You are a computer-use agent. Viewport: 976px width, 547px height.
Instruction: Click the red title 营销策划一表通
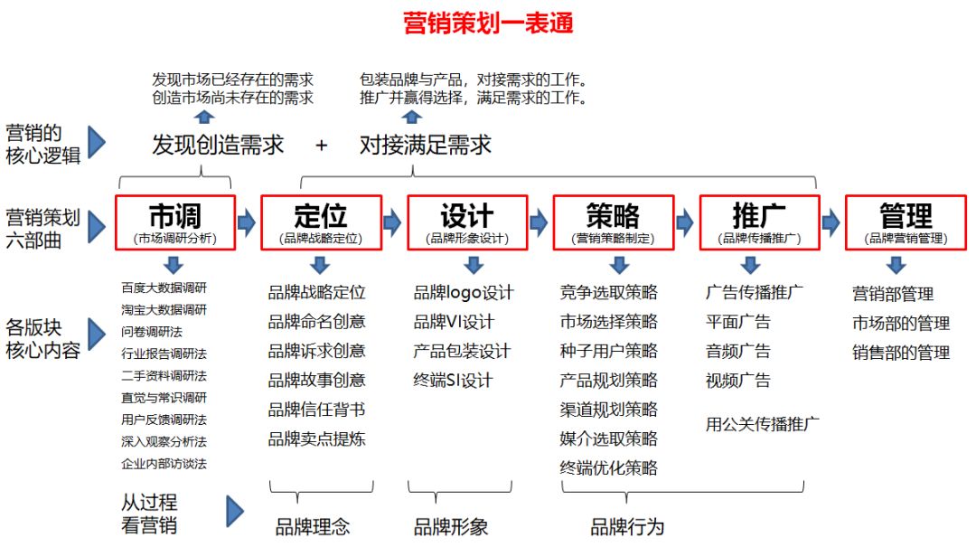(x=488, y=23)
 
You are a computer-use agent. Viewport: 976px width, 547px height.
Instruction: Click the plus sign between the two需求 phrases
(x=321, y=146)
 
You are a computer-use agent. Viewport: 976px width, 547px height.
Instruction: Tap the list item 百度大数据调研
(x=164, y=288)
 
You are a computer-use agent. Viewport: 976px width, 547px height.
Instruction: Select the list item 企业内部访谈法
(x=164, y=464)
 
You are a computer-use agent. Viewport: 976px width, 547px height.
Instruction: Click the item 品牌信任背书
(x=316, y=410)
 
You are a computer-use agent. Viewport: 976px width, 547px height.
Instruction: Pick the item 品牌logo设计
(x=464, y=292)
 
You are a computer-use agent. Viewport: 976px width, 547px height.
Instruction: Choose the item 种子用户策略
(x=609, y=351)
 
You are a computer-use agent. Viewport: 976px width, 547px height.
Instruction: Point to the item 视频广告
(x=738, y=380)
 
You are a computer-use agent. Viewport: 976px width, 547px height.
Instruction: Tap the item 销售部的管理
(x=901, y=353)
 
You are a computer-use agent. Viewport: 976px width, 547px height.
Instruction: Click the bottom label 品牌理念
(x=313, y=527)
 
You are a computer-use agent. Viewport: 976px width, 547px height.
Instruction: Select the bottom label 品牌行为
(x=627, y=527)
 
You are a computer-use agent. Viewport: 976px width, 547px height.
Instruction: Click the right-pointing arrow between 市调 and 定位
(x=247, y=222)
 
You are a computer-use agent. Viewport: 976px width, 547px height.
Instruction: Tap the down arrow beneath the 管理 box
(x=896, y=265)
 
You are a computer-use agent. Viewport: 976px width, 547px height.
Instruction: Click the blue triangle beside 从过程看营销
(x=235, y=512)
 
